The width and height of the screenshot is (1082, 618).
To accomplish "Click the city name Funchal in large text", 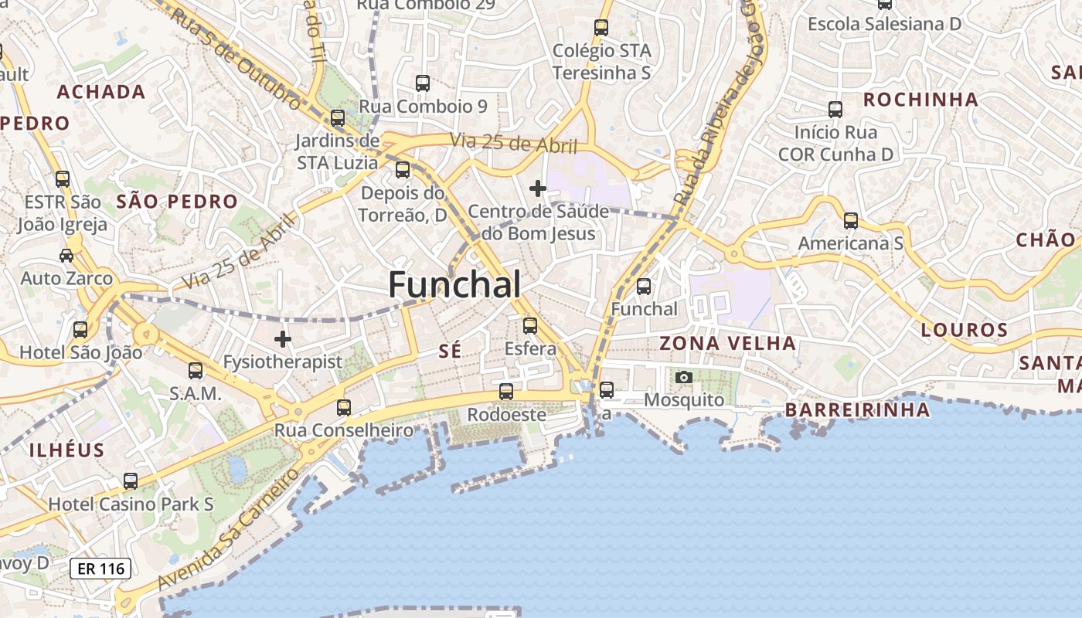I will (x=454, y=284).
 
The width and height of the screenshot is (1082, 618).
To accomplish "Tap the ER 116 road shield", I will (x=100, y=569).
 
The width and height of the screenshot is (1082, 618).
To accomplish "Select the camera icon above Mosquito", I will (x=684, y=378).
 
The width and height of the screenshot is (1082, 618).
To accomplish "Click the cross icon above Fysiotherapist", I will (x=283, y=338).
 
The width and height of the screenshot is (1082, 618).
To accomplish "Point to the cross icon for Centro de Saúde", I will (x=538, y=188).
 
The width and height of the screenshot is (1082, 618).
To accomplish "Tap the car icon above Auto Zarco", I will (x=66, y=255).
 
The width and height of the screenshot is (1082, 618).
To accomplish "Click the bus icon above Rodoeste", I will (x=506, y=392).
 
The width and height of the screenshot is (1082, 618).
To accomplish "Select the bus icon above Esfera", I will (x=530, y=326).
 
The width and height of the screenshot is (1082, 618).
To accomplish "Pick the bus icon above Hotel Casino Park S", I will (x=131, y=481).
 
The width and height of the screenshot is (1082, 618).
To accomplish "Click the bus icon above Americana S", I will (x=851, y=221).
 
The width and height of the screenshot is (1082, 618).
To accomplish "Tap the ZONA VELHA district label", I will (x=727, y=343).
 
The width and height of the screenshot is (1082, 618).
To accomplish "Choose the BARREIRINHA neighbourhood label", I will (x=857, y=409).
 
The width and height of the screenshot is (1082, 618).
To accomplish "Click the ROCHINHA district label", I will (x=920, y=100).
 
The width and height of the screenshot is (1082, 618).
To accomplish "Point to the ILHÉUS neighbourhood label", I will (x=66, y=450).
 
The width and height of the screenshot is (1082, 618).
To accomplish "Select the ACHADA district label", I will (x=101, y=92).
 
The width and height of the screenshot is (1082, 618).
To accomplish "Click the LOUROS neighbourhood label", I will (x=965, y=331).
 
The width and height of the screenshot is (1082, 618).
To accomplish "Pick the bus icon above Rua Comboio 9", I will (x=423, y=83).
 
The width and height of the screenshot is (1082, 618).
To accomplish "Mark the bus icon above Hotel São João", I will (x=80, y=330).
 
